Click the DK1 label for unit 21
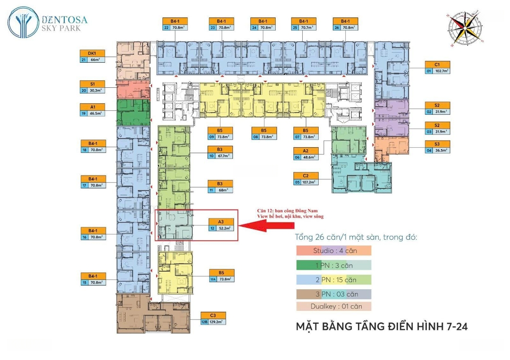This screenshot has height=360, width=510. [x=92, y=53]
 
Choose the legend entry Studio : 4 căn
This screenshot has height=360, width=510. [x=333, y=251]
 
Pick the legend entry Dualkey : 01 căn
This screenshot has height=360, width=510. [x=333, y=306]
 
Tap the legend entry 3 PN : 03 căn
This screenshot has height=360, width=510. [x=333, y=294]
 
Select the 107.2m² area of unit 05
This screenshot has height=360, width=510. [x=310, y=182]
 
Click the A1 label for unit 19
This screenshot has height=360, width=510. [x=92, y=107]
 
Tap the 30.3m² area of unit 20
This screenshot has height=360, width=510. [x=96, y=90]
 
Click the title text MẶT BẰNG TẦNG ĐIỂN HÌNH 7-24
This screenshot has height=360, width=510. [x=381, y=326]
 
